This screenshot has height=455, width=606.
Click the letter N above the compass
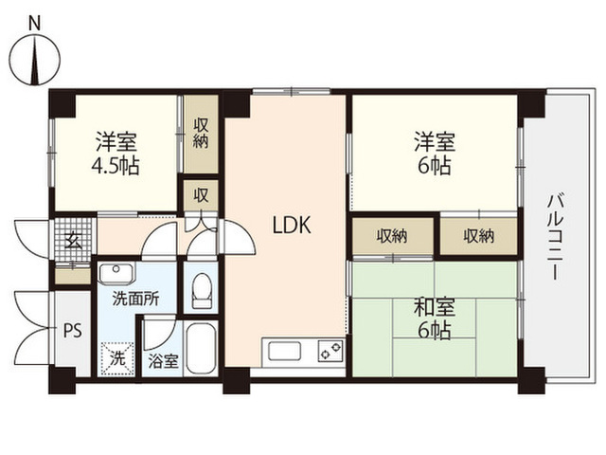pos(35,24)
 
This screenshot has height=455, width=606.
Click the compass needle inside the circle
pos(36,60)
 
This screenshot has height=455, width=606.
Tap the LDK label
pos(292,226)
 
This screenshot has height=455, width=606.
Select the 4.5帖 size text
pos(116,167)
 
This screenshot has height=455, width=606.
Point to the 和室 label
pos(435,307)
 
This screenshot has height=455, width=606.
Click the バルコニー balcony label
pos(556,237)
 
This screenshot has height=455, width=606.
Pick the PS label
pos(73,331)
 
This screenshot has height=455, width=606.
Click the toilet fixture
pos(202,290)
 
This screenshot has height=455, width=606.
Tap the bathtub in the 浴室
pos(201,348)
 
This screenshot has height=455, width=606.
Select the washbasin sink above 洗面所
pos(116,273)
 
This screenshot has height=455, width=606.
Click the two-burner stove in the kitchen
pos(330,351)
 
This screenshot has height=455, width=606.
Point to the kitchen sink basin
pos(285,352)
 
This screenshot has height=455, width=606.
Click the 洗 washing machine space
pos(117,358)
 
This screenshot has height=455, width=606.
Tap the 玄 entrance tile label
pos(73,242)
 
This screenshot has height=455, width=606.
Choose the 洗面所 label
pos(135,299)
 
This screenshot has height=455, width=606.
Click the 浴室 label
pos(164,361)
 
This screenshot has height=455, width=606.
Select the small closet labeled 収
pos(201,195)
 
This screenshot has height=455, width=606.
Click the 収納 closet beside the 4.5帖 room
pos(201,134)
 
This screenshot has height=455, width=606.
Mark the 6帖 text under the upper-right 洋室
pos(435,167)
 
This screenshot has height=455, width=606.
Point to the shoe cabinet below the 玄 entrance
pos(73,276)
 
